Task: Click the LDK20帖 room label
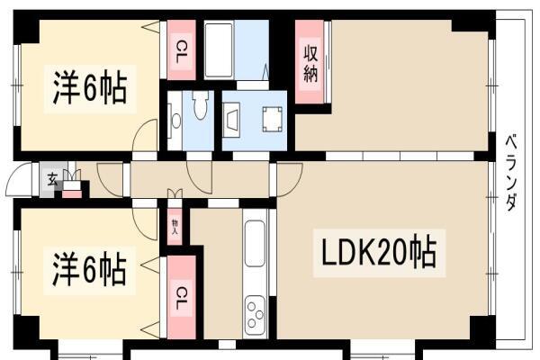tap(379, 252)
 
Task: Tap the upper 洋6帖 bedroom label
tap(90, 88)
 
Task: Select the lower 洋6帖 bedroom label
tap(89, 269)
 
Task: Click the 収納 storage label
tap(310, 63)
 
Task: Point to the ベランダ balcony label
tap(511, 173)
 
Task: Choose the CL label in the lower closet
tap(181, 299)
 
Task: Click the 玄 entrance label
tap(52, 180)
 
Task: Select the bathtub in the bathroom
tap(219, 50)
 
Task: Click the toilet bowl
tap(200, 105)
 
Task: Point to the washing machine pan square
tap(273, 119)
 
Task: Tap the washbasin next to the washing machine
tap(232, 120)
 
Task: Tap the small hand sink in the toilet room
tap(176, 121)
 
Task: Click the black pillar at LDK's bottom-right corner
tap(482, 328)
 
